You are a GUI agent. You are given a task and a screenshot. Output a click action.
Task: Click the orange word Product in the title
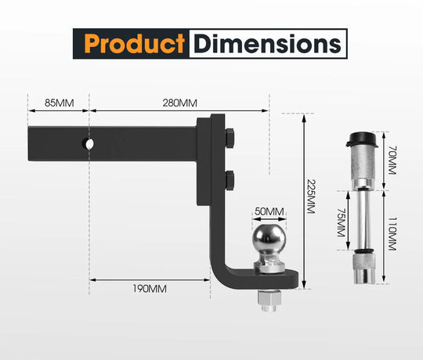pos(135,44)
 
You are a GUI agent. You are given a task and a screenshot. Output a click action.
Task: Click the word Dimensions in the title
pos(268,44)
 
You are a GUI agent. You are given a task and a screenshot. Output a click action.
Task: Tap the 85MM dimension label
pos(59,103)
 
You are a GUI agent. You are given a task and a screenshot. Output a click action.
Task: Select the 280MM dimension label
pos(179,103)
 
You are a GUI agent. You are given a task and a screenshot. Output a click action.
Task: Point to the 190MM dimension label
pos(150,289)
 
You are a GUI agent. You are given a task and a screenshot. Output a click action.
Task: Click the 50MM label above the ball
pos(269,211)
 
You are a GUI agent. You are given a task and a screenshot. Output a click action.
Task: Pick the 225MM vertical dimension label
pos(311,196)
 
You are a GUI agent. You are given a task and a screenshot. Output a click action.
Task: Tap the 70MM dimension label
pos(392,160)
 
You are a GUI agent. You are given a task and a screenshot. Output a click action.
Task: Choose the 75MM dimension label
pos(342,222)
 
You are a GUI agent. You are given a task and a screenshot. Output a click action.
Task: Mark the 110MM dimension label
pos(392,234)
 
